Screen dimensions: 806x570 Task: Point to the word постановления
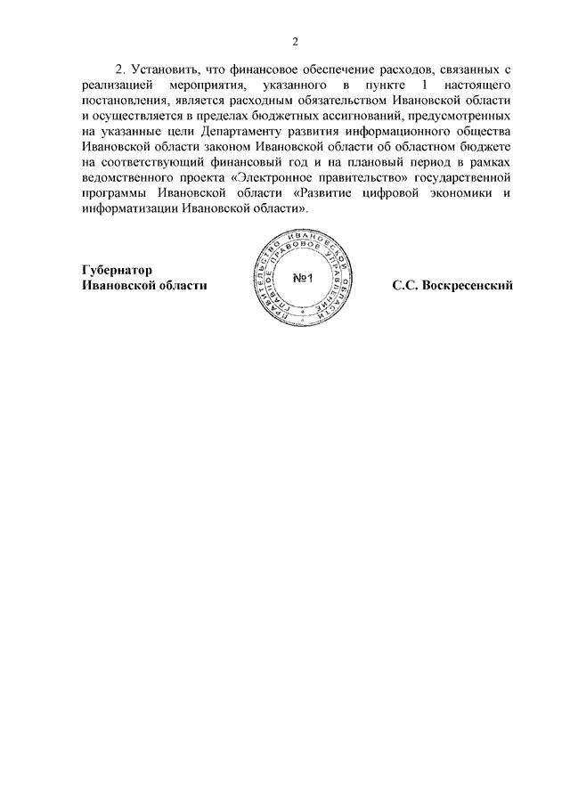[x=119, y=101]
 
